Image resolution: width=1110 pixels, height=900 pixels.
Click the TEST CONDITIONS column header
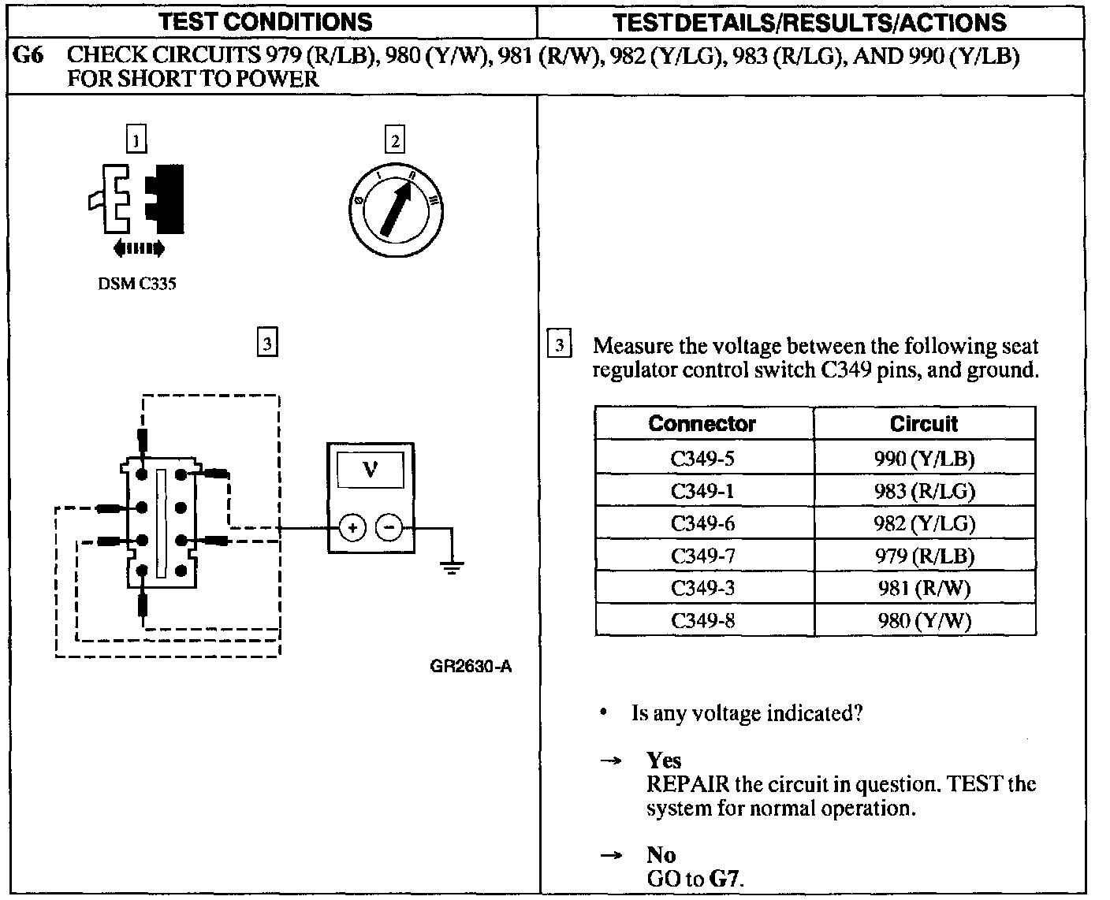point(265,21)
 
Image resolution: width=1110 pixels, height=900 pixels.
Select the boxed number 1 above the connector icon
point(136,140)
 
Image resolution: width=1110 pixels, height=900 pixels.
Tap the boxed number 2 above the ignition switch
point(394,140)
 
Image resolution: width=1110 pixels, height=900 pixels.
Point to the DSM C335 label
point(136,285)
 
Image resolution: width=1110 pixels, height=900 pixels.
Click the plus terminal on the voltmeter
point(352,527)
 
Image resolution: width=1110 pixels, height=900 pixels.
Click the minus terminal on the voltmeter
point(388,527)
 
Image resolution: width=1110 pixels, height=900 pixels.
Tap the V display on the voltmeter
point(370,470)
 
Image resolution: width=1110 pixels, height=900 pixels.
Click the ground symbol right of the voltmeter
point(451,566)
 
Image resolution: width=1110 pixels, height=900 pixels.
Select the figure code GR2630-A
point(471,667)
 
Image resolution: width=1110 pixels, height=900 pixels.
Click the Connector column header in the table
point(702,423)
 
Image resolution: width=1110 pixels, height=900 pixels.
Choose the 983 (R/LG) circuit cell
point(924,491)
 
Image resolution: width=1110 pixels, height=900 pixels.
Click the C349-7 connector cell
point(702,556)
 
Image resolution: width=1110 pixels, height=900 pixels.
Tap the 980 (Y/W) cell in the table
point(924,621)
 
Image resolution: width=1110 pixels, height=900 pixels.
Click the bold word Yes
point(664,760)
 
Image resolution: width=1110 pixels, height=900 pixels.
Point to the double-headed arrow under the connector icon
point(139,249)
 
